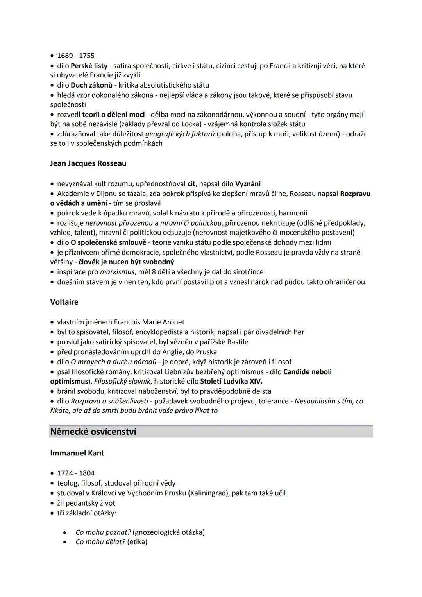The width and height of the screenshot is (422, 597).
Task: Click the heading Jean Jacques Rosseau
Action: coord(88,163)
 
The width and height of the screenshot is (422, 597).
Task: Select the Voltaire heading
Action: coord(64,302)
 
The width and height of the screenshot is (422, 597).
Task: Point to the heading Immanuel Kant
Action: coord(77,453)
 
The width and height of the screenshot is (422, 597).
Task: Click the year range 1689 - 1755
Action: coord(76,56)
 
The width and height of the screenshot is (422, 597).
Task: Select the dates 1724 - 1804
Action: coord(76,473)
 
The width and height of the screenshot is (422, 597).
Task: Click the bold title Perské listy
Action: coord(89,66)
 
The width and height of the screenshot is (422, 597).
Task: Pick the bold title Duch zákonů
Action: coord(91,85)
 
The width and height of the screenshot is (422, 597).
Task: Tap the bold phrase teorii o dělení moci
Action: coord(113,115)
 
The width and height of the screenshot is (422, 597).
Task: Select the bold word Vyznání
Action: coord(248,184)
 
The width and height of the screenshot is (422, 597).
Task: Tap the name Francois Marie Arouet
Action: coord(149,322)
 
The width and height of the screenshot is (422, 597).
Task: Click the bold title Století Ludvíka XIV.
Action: coord(231,381)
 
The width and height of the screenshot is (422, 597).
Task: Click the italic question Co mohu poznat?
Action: coord(98,532)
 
